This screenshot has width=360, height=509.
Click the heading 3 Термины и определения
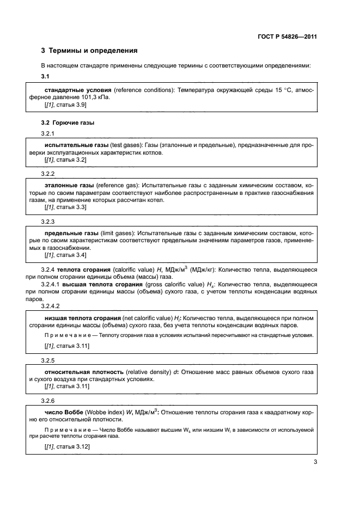tap(89, 51)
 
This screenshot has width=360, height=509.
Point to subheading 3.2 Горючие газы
tap(68, 122)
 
